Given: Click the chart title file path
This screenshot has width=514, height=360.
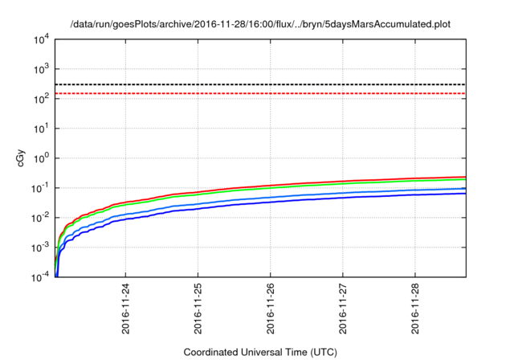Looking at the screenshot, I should pos(260,24).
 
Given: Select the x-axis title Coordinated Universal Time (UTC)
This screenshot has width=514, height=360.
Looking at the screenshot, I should pos(260,352).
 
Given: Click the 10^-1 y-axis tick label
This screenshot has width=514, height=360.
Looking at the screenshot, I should pos(40,187).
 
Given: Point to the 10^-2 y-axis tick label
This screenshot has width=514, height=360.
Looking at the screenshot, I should pos(40,217).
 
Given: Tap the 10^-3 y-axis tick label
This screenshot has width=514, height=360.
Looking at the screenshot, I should pos(40,247).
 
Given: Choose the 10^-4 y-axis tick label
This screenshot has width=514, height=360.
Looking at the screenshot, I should pos(40,276).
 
